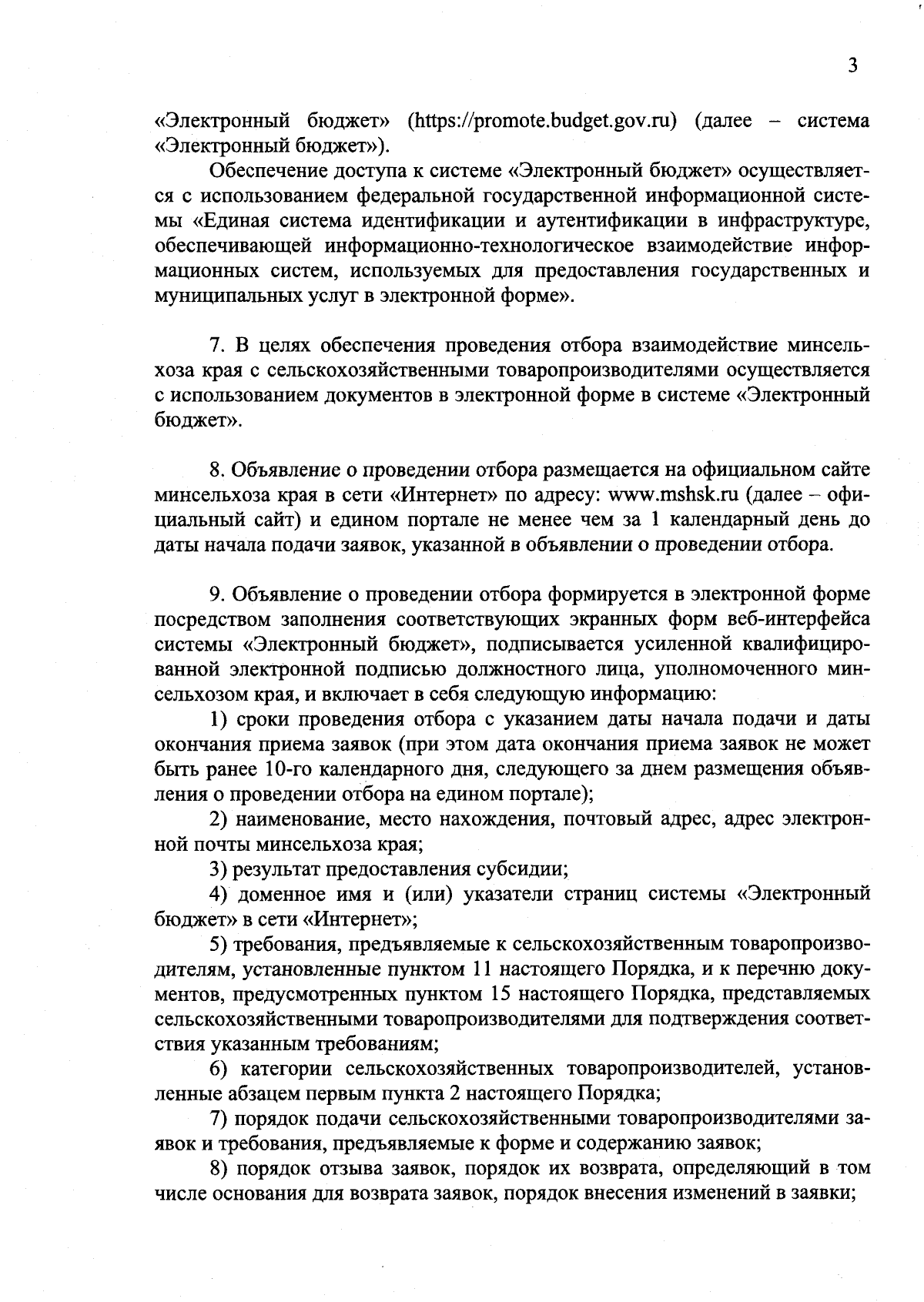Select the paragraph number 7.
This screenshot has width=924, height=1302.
coord(217,345)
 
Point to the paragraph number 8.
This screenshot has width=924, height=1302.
coord(217,470)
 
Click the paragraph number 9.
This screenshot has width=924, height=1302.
coord(217,594)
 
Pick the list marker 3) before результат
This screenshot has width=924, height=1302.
coord(219,870)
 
